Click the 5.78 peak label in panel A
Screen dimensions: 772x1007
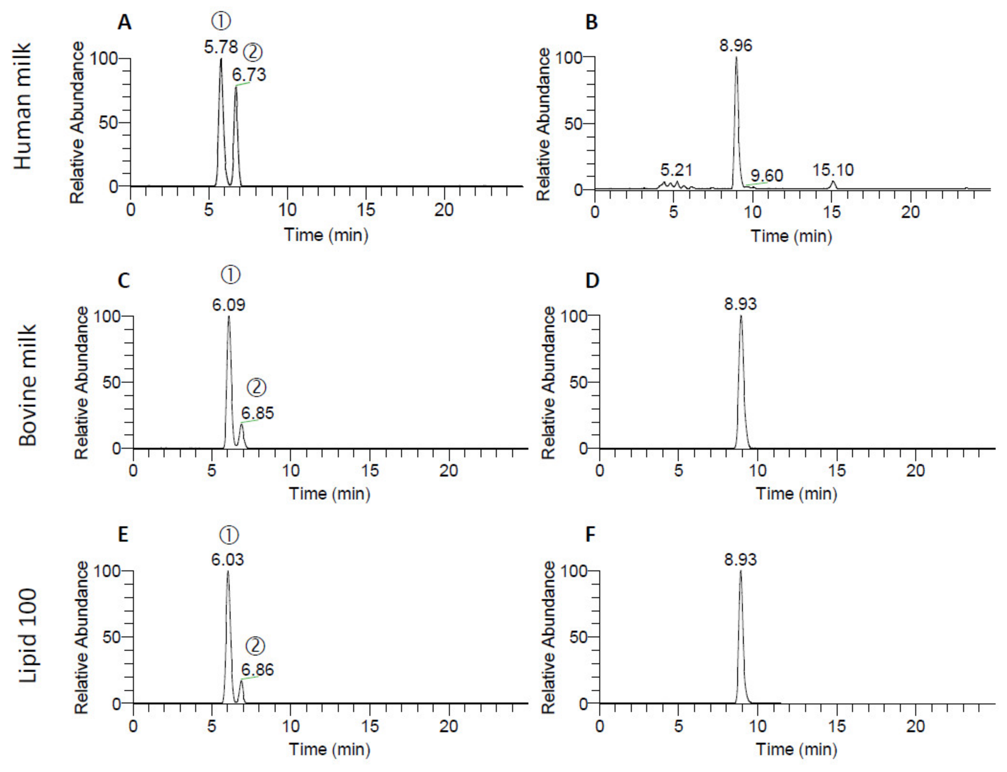pyautogui.click(x=221, y=46)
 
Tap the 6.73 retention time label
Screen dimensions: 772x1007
pyautogui.click(x=249, y=74)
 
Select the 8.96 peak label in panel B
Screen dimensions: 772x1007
pyautogui.click(x=736, y=45)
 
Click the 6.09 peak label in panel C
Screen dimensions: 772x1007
pyautogui.click(x=229, y=305)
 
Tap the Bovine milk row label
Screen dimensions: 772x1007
pyautogui.click(x=28, y=385)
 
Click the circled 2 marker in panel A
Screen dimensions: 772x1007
pyautogui.click(x=252, y=52)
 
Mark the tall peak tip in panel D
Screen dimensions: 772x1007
pyautogui.click(x=740, y=316)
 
